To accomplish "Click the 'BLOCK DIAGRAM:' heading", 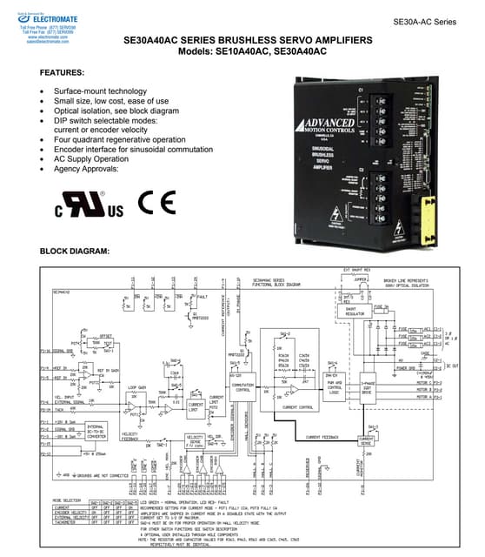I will pyautogui.click(x=75, y=252).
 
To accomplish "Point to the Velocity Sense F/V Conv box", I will pyautogui.click(x=193, y=441).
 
